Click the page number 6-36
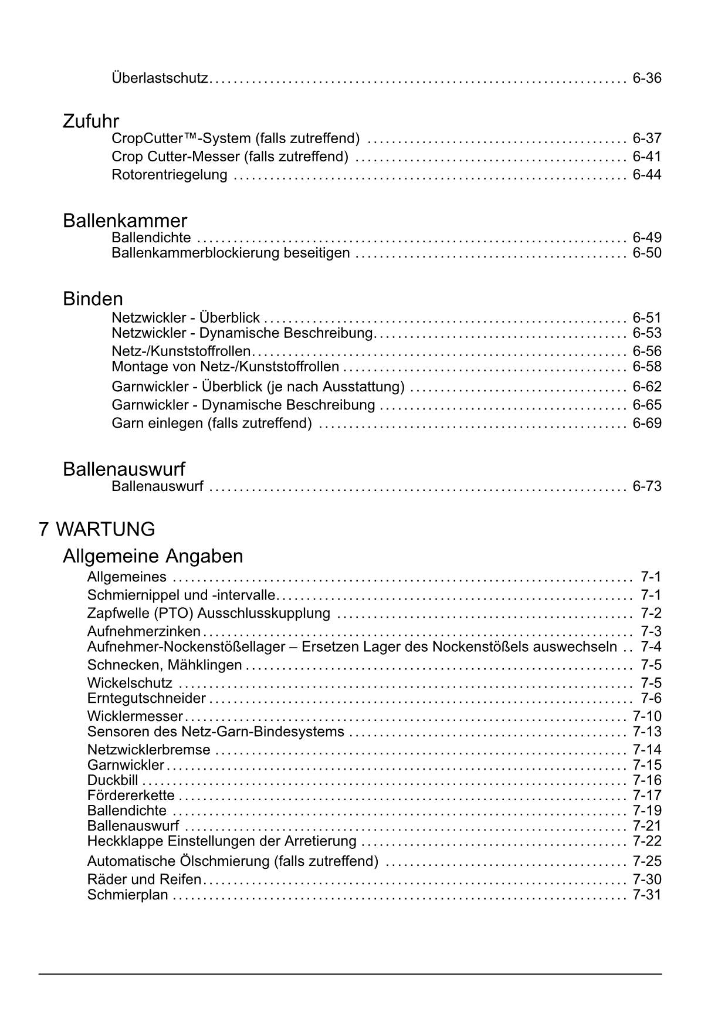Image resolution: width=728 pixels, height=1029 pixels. (646, 77)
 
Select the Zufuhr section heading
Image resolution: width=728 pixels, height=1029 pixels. (90, 121)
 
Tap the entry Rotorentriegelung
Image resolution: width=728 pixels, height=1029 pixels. (169, 174)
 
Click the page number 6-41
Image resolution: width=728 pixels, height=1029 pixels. (646, 157)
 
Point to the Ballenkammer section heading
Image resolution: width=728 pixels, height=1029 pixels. (125, 221)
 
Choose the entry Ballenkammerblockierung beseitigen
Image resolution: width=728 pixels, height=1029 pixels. (231, 253)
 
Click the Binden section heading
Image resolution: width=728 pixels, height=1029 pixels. (93, 299)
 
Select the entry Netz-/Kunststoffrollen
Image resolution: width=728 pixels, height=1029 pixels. (181, 351)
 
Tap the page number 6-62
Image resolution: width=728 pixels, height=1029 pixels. (646, 387)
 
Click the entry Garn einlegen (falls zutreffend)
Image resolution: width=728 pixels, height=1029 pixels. (211, 423)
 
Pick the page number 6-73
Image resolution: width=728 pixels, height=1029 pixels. (646, 486)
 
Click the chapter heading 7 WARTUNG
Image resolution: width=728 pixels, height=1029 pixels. (97, 529)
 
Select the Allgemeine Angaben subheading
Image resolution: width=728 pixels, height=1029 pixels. (153, 556)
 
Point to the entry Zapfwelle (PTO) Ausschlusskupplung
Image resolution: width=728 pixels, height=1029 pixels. (208, 613)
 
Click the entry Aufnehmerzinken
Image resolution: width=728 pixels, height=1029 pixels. (144, 631)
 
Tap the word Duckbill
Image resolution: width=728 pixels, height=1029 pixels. (113, 780)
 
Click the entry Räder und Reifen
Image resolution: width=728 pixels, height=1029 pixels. (144, 879)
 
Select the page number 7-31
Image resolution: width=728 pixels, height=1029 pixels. (646, 895)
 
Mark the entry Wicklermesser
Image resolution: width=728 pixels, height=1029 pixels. (135, 716)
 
